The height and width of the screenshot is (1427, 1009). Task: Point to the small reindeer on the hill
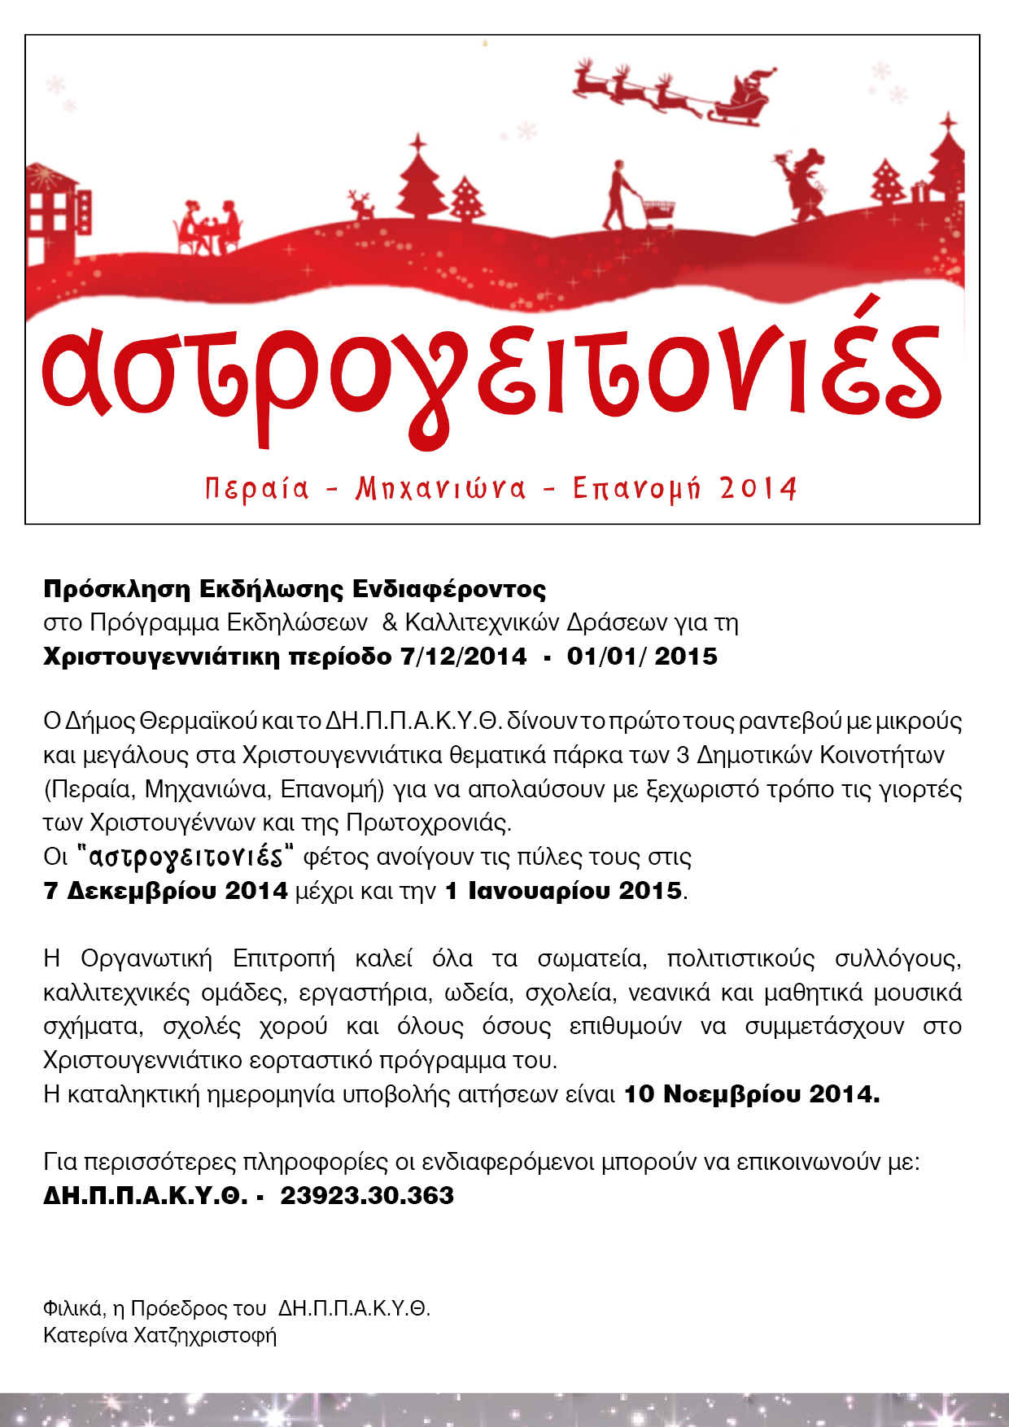pos(360,205)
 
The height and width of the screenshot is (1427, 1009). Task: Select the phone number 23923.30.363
pos(367,1195)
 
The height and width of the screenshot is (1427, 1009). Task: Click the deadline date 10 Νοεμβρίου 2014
pos(751,1094)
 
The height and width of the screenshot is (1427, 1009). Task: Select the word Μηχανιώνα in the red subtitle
pos(440,488)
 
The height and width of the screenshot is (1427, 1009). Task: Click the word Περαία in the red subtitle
pos(257,488)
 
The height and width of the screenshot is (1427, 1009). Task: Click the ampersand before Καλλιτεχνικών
pos(390,622)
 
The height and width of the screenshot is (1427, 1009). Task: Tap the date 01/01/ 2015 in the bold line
pos(642,657)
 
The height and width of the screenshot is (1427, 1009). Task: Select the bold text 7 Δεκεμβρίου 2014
pos(165,891)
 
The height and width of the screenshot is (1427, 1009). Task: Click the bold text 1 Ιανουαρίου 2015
pos(563,891)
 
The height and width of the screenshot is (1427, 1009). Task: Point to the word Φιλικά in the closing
pos(73,1308)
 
